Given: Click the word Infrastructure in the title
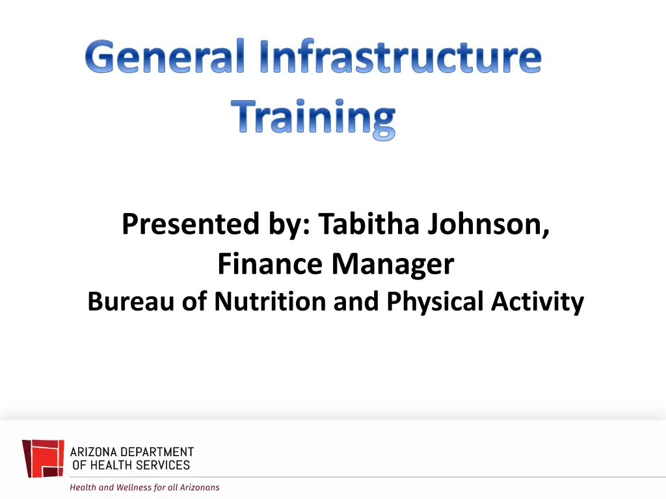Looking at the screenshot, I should pyautogui.click(x=400, y=58).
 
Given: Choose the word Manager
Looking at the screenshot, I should pyautogui.click(x=393, y=264).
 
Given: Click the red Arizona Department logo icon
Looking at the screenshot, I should pyautogui.click(x=43, y=458).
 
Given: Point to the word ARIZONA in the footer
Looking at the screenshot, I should pyautogui.click(x=95, y=452).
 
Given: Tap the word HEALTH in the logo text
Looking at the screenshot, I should pyautogui.click(x=108, y=465).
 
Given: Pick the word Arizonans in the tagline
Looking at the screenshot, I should pyautogui.click(x=198, y=487).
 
